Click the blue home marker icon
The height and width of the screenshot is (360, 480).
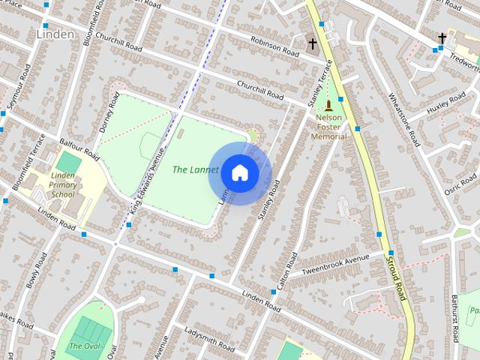pyautogui.click(x=239, y=172)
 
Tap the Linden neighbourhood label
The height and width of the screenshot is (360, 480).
pyautogui.click(x=55, y=34)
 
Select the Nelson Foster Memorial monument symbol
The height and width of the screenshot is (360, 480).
pyautogui.click(x=329, y=106)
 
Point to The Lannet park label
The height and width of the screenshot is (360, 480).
pyautogui.click(x=195, y=169)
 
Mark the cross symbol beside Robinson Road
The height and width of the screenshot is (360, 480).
pyautogui.click(x=313, y=44)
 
